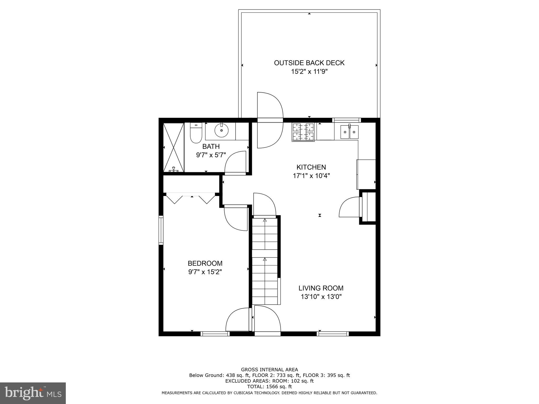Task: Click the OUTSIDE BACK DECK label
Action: point(309,63)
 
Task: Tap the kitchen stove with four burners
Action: point(303,132)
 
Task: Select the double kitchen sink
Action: point(349,132)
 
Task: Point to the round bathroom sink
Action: point(221,130)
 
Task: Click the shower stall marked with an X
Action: point(173,148)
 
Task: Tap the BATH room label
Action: point(211,147)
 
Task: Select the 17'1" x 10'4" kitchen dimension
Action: point(311,176)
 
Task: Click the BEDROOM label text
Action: point(205,263)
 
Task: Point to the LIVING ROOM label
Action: point(321,288)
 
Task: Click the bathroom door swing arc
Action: point(235,162)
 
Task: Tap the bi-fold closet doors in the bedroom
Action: point(191,199)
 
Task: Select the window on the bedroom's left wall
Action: point(161,230)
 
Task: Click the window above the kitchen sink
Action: point(346,120)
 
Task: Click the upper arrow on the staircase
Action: point(265,220)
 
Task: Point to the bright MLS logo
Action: point(33,393)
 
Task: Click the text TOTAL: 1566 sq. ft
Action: point(269,387)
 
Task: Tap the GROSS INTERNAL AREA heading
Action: point(269,370)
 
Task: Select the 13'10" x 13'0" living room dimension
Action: point(321,297)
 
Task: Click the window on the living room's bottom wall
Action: point(333,334)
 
